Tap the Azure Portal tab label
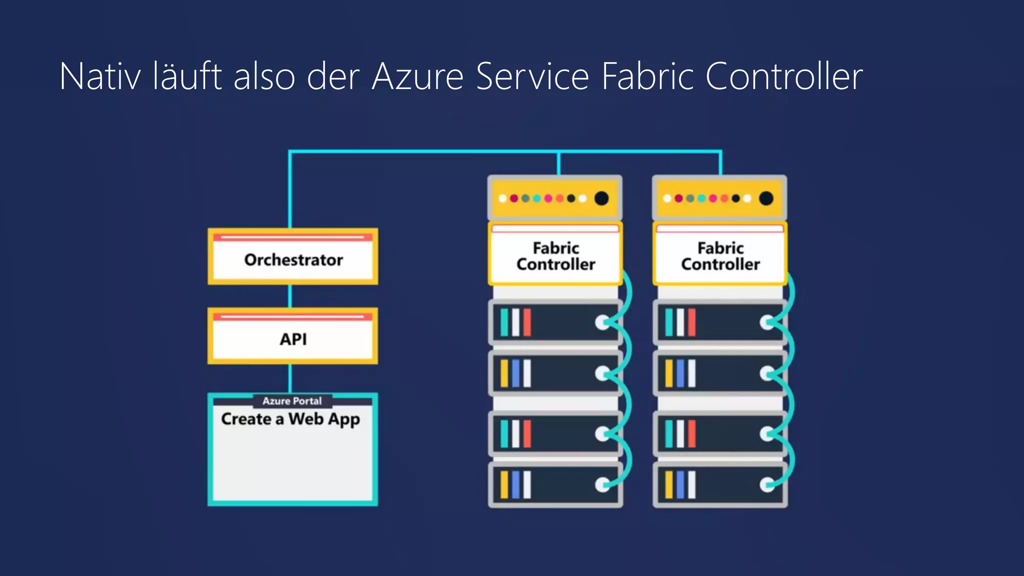(292, 401)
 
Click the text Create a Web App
(290, 419)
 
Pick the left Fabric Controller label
(555, 256)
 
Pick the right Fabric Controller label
(720, 256)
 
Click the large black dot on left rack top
(601, 198)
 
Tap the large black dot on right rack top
(766, 198)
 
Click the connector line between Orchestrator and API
(290, 296)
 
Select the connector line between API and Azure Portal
(290, 378)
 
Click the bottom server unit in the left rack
(555, 484)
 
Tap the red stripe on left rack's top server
(527, 322)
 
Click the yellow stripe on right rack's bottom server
(668, 484)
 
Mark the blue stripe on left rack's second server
(515, 373)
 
